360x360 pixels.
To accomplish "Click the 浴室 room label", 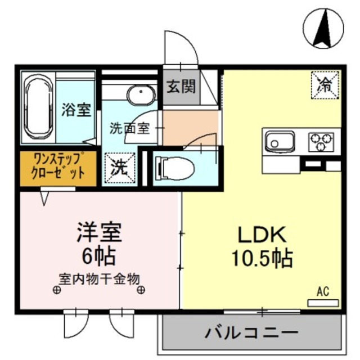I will pos(76,110).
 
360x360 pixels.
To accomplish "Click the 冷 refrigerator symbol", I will pos(325,85).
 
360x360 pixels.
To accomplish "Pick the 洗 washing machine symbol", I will pos(119,166).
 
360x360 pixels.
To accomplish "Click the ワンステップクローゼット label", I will pos(60,166).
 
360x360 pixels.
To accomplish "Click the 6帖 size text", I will pos(99,256).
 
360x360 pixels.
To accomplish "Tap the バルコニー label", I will pos(252,332).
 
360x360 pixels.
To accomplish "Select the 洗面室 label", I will pos(129,128).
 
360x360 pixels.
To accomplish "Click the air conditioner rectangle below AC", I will pos(323,303).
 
